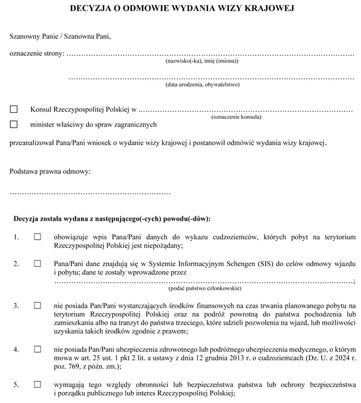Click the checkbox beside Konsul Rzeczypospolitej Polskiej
14,109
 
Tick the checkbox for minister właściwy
14,124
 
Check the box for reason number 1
38,237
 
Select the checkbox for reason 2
38,263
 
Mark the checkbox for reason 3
38,304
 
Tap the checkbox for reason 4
38,348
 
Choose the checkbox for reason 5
38,385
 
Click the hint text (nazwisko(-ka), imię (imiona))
202,60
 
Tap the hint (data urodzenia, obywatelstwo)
203,84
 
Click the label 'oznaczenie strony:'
37,53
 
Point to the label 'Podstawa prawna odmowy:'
50,172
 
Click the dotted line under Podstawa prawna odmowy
90,193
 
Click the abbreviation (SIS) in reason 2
262,263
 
